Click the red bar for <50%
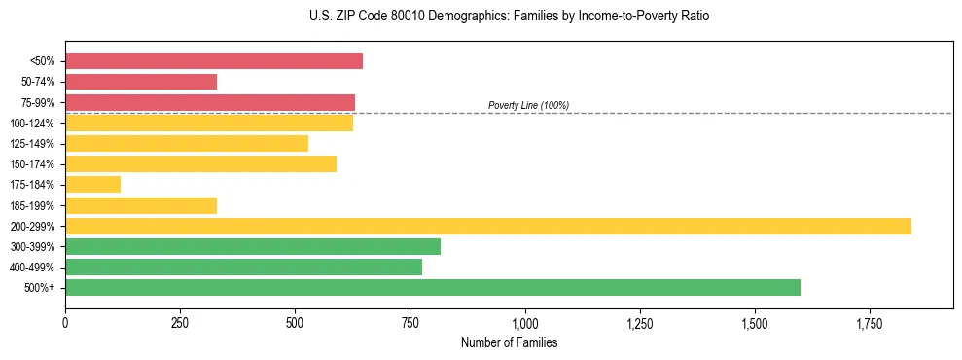coord(214,61)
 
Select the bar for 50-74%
coord(141,82)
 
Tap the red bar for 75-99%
coord(210,102)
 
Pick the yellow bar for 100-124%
coord(209,123)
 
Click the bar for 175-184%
coord(92,184)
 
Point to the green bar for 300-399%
coord(253,246)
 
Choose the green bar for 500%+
coord(433,287)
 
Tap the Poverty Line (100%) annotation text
coord(528,105)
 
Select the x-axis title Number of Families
coord(509,342)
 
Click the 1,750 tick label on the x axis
coord(870,323)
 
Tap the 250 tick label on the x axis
coord(180,323)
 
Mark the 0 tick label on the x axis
coord(65,323)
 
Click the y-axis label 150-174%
coord(32,164)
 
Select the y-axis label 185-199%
coord(32,205)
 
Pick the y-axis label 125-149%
coord(32,144)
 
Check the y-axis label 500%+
coord(40,288)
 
